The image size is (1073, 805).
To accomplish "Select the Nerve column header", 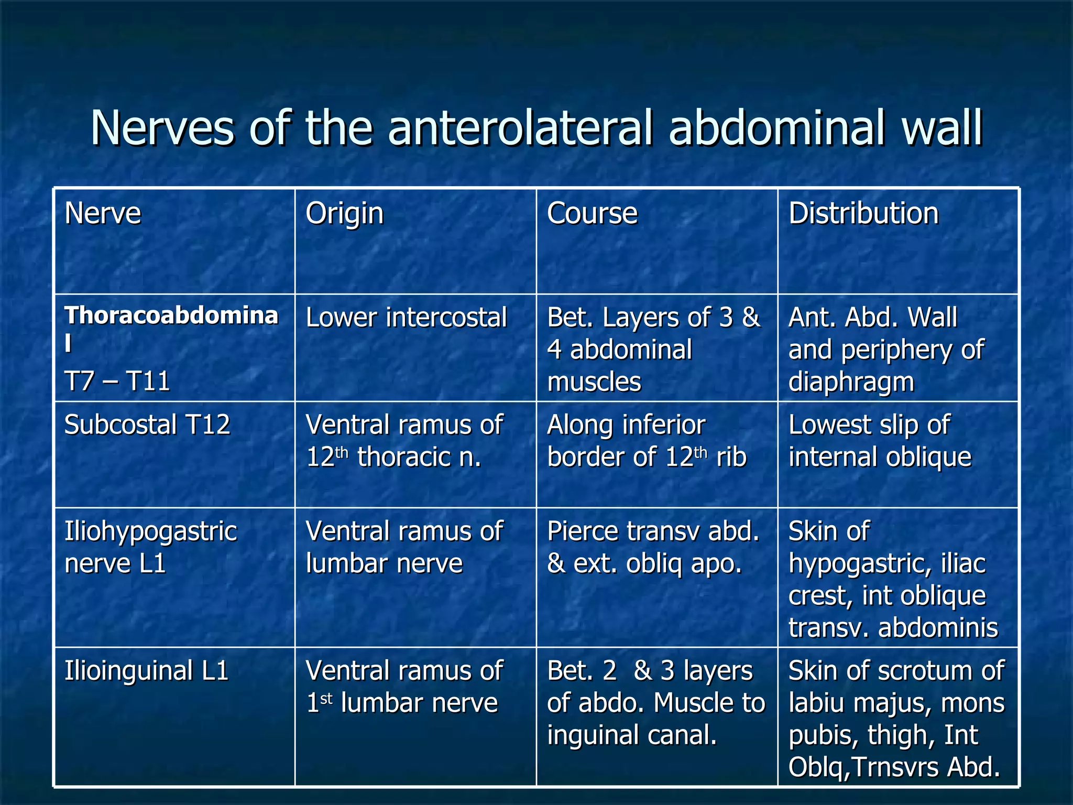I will (x=103, y=213).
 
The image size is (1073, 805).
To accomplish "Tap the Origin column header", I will (x=344, y=213).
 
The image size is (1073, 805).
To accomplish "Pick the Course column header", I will (x=592, y=213).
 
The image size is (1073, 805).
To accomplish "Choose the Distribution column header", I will (x=863, y=213).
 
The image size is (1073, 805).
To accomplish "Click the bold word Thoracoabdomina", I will (x=171, y=316).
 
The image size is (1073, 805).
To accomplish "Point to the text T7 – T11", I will (x=117, y=381).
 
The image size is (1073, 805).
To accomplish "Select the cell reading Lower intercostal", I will (x=406, y=318).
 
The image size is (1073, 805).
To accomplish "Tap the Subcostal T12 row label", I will (x=147, y=425).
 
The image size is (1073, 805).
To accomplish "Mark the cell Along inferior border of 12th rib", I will (x=647, y=441).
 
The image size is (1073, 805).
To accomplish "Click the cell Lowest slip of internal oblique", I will (x=880, y=441).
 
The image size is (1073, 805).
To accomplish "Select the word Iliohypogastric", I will (x=150, y=531).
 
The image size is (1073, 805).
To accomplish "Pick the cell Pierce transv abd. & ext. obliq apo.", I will (x=653, y=547).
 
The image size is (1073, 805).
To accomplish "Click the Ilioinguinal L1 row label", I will (x=146, y=671).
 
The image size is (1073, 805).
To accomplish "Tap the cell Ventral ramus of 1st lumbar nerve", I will (x=403, y=687).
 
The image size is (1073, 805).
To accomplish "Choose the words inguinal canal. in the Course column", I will (x=632, y=735).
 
